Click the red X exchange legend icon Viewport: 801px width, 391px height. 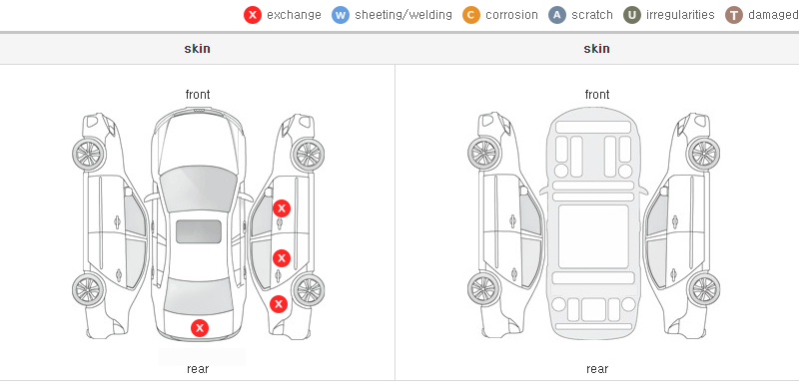(253, 15)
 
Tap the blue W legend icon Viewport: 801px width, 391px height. (341, 15)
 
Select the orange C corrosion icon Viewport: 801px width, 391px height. (471, 15)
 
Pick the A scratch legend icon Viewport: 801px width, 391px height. (557, 15)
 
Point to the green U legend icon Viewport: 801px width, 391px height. (632, 15)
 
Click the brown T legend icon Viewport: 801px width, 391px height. (733, 15)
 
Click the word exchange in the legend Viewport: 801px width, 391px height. (294, 15)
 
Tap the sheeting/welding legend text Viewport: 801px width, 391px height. (403, 15)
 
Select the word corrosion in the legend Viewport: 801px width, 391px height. (512, 15)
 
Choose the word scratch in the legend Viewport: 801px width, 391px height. (592, 15)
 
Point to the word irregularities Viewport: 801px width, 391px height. (680, 15)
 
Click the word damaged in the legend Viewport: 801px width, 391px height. (773, 15)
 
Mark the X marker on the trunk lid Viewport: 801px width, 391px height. (200, 328)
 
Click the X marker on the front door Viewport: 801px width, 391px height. (282, 208)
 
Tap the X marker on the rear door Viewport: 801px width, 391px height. (282, 258)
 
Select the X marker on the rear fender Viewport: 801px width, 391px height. (279, 305)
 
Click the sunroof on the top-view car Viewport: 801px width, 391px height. (199, 231)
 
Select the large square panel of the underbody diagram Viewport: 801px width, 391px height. (593, 236)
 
